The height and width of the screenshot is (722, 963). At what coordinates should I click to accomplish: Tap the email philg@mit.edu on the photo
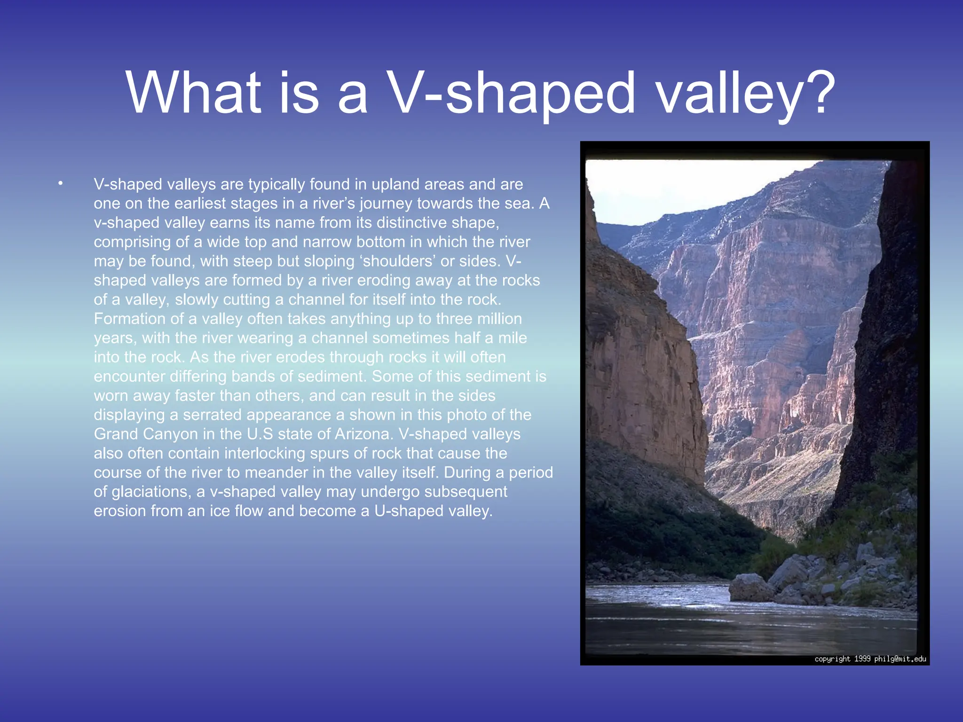coord(900,659)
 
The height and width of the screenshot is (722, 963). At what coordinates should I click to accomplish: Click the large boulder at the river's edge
coord(751,588)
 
